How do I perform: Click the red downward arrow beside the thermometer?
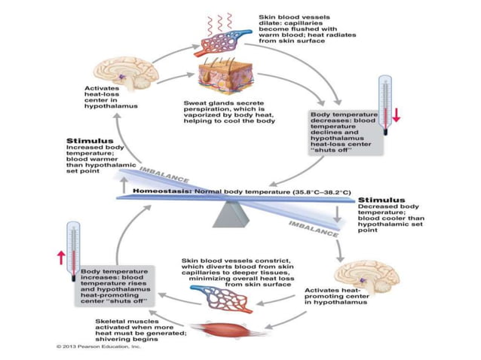point(396,114)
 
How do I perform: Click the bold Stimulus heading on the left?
point(90,141)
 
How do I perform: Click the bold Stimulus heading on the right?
point(381,201)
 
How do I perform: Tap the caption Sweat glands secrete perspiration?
point(228,111)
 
